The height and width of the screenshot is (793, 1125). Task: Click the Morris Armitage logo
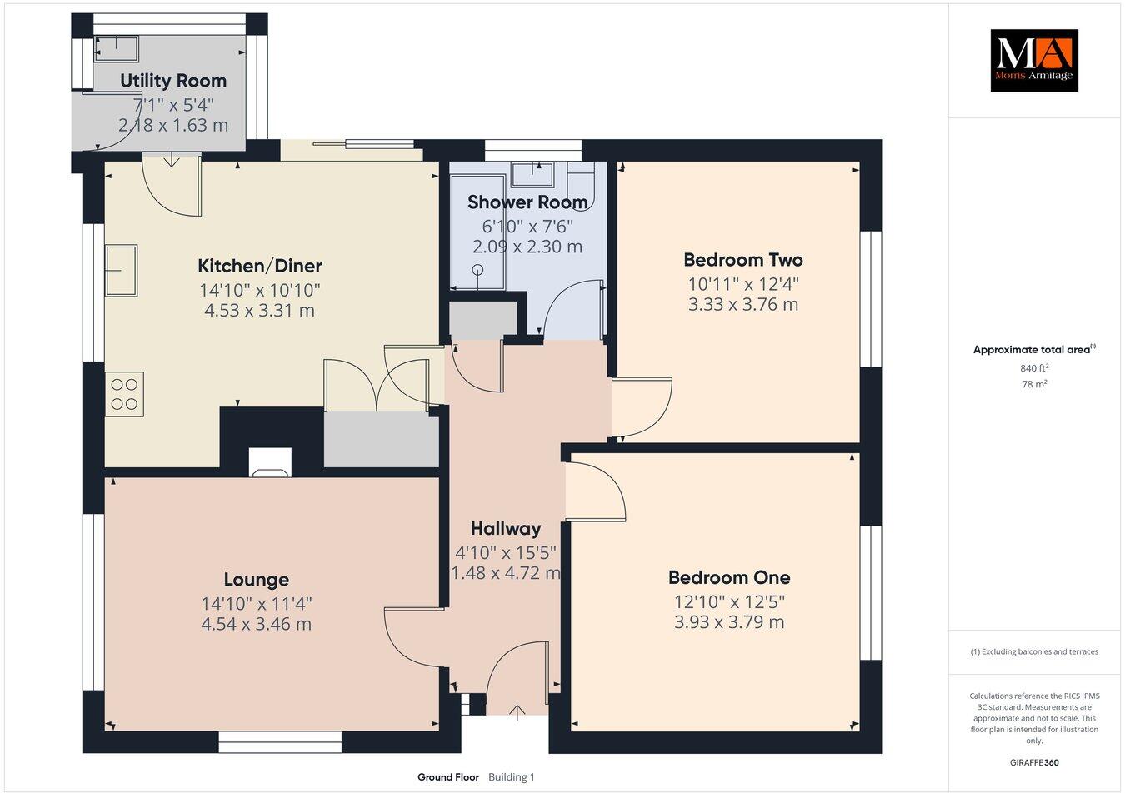[1033, 60]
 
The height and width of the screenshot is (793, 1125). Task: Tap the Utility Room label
[173, 81]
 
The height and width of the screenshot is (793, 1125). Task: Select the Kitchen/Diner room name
[259, 267]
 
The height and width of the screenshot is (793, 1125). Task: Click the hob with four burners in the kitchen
[124, 394]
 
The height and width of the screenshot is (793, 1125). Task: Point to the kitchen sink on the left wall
[121, 271]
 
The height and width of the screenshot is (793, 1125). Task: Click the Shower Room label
[527, 202]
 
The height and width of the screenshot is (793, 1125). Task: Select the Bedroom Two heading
[742, 260]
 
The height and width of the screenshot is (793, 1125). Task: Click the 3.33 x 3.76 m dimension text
[742, 305]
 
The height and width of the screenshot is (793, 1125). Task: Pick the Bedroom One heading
[729, 577]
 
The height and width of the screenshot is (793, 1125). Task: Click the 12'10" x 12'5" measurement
[729, 601]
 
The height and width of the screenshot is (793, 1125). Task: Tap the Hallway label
[505, 528]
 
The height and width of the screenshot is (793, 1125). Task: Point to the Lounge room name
[256, 580]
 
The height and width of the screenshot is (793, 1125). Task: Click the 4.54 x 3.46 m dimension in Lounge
[256, 624]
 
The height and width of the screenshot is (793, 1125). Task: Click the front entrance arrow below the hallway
[517, 712]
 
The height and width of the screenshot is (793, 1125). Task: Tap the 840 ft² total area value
[1033, 368]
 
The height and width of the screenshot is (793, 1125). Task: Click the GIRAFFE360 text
[1033, 761]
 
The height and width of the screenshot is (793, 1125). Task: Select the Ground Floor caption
[448, 777]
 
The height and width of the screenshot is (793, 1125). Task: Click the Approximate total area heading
[1033, 350]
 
